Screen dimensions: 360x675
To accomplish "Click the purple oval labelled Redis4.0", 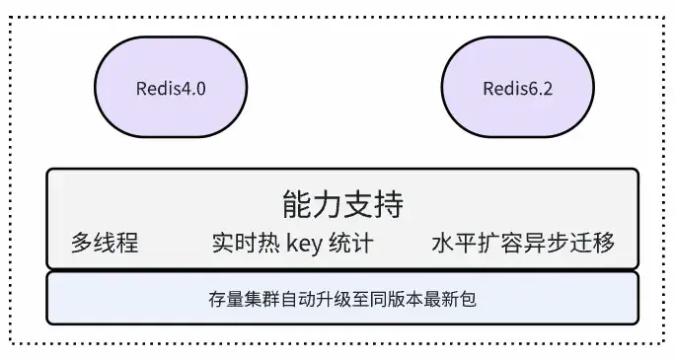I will pyautogui.click(x=171, y=89).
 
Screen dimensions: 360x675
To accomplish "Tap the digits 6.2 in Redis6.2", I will pyautogui.click(x=542, y=89).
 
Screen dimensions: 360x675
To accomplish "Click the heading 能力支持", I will pyautogui.click(x=342, y=205).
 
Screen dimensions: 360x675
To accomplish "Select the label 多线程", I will pyautogui.click(x=105, y=244).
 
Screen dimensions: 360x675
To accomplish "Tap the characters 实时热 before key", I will pyautogui.click(x=247, y=244).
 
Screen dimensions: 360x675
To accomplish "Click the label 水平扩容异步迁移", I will pyautogui.click(x=523, y=244).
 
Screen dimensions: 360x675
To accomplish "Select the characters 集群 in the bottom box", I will pyautogui.click(x=260, y=297).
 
